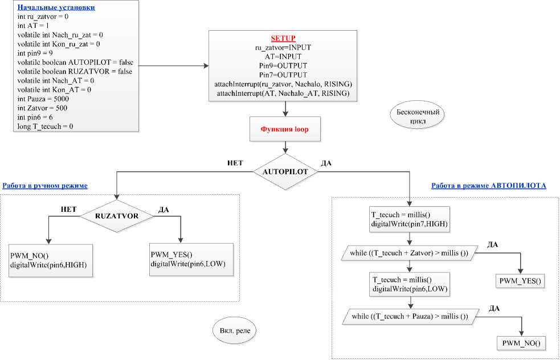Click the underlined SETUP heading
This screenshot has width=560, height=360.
tap(284, 38)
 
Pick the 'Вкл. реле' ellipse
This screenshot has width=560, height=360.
tap(230, 330)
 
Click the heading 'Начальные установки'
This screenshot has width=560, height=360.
tap(56, 8)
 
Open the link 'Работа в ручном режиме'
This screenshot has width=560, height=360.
tap(45, 186)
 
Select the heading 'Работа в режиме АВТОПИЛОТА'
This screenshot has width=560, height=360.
tap(489, 186)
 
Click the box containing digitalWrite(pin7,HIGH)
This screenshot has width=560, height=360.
tap(409, 219)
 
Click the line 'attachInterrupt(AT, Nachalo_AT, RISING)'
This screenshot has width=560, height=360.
tap(284, 93)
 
